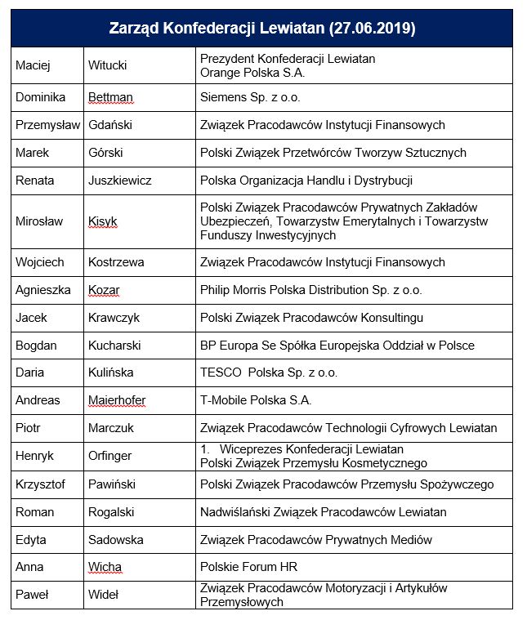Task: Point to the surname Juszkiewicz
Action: point(119,180)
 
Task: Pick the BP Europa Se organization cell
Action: point(337,345)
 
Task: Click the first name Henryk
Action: point(35,456)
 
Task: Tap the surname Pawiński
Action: point(110,484)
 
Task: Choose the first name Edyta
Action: point(31,539)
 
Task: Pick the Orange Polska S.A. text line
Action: point(249,72)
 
